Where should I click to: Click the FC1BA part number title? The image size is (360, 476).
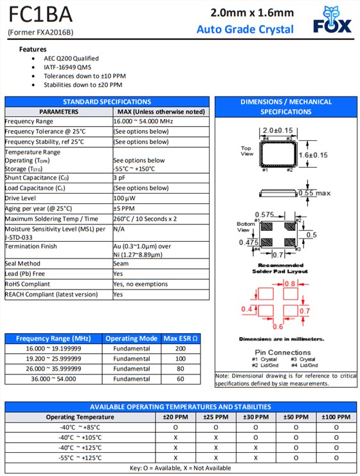pos(40,14)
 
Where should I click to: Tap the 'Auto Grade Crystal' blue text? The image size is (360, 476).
pos(245,29)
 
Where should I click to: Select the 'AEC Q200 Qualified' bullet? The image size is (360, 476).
pos(71,58)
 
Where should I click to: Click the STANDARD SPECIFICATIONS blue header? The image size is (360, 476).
pos(107,102)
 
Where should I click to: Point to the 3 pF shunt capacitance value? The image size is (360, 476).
pos(120,178)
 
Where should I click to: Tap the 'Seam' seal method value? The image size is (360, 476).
pos(121,263)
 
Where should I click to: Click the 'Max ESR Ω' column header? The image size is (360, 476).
pos(180,338)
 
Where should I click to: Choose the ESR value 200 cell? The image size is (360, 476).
pos(180,349)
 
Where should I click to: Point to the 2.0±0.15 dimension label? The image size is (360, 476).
pos(277,131)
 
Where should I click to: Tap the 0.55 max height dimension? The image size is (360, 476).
pos(314,193)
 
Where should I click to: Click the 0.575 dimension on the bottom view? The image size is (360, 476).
pos(265,214)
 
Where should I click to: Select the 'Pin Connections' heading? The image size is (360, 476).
pos(283,352)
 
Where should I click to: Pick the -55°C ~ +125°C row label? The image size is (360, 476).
pos(80,457)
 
